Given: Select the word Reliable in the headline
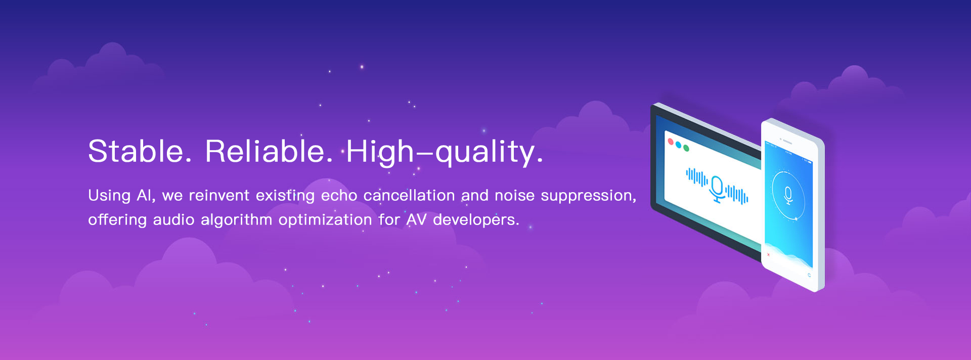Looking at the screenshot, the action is coord(269,151).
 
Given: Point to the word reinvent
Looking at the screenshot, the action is coord(219,195).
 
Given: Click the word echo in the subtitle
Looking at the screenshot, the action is coord(339,195).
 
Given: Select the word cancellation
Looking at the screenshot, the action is coord(409,195).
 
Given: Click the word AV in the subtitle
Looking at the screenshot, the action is coord(417,219).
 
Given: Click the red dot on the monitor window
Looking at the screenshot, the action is coord(671,141).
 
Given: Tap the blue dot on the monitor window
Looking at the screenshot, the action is coord(678,145).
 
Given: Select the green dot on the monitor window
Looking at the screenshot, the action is coord(686,149).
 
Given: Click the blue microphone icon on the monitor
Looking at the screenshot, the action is coord(717,189).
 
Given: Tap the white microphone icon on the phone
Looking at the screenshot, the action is coord(788,195).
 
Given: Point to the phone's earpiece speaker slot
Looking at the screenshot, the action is coord(787,142).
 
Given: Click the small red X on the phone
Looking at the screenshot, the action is coord(768,255).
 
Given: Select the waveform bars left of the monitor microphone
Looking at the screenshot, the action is coord(697,177).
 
